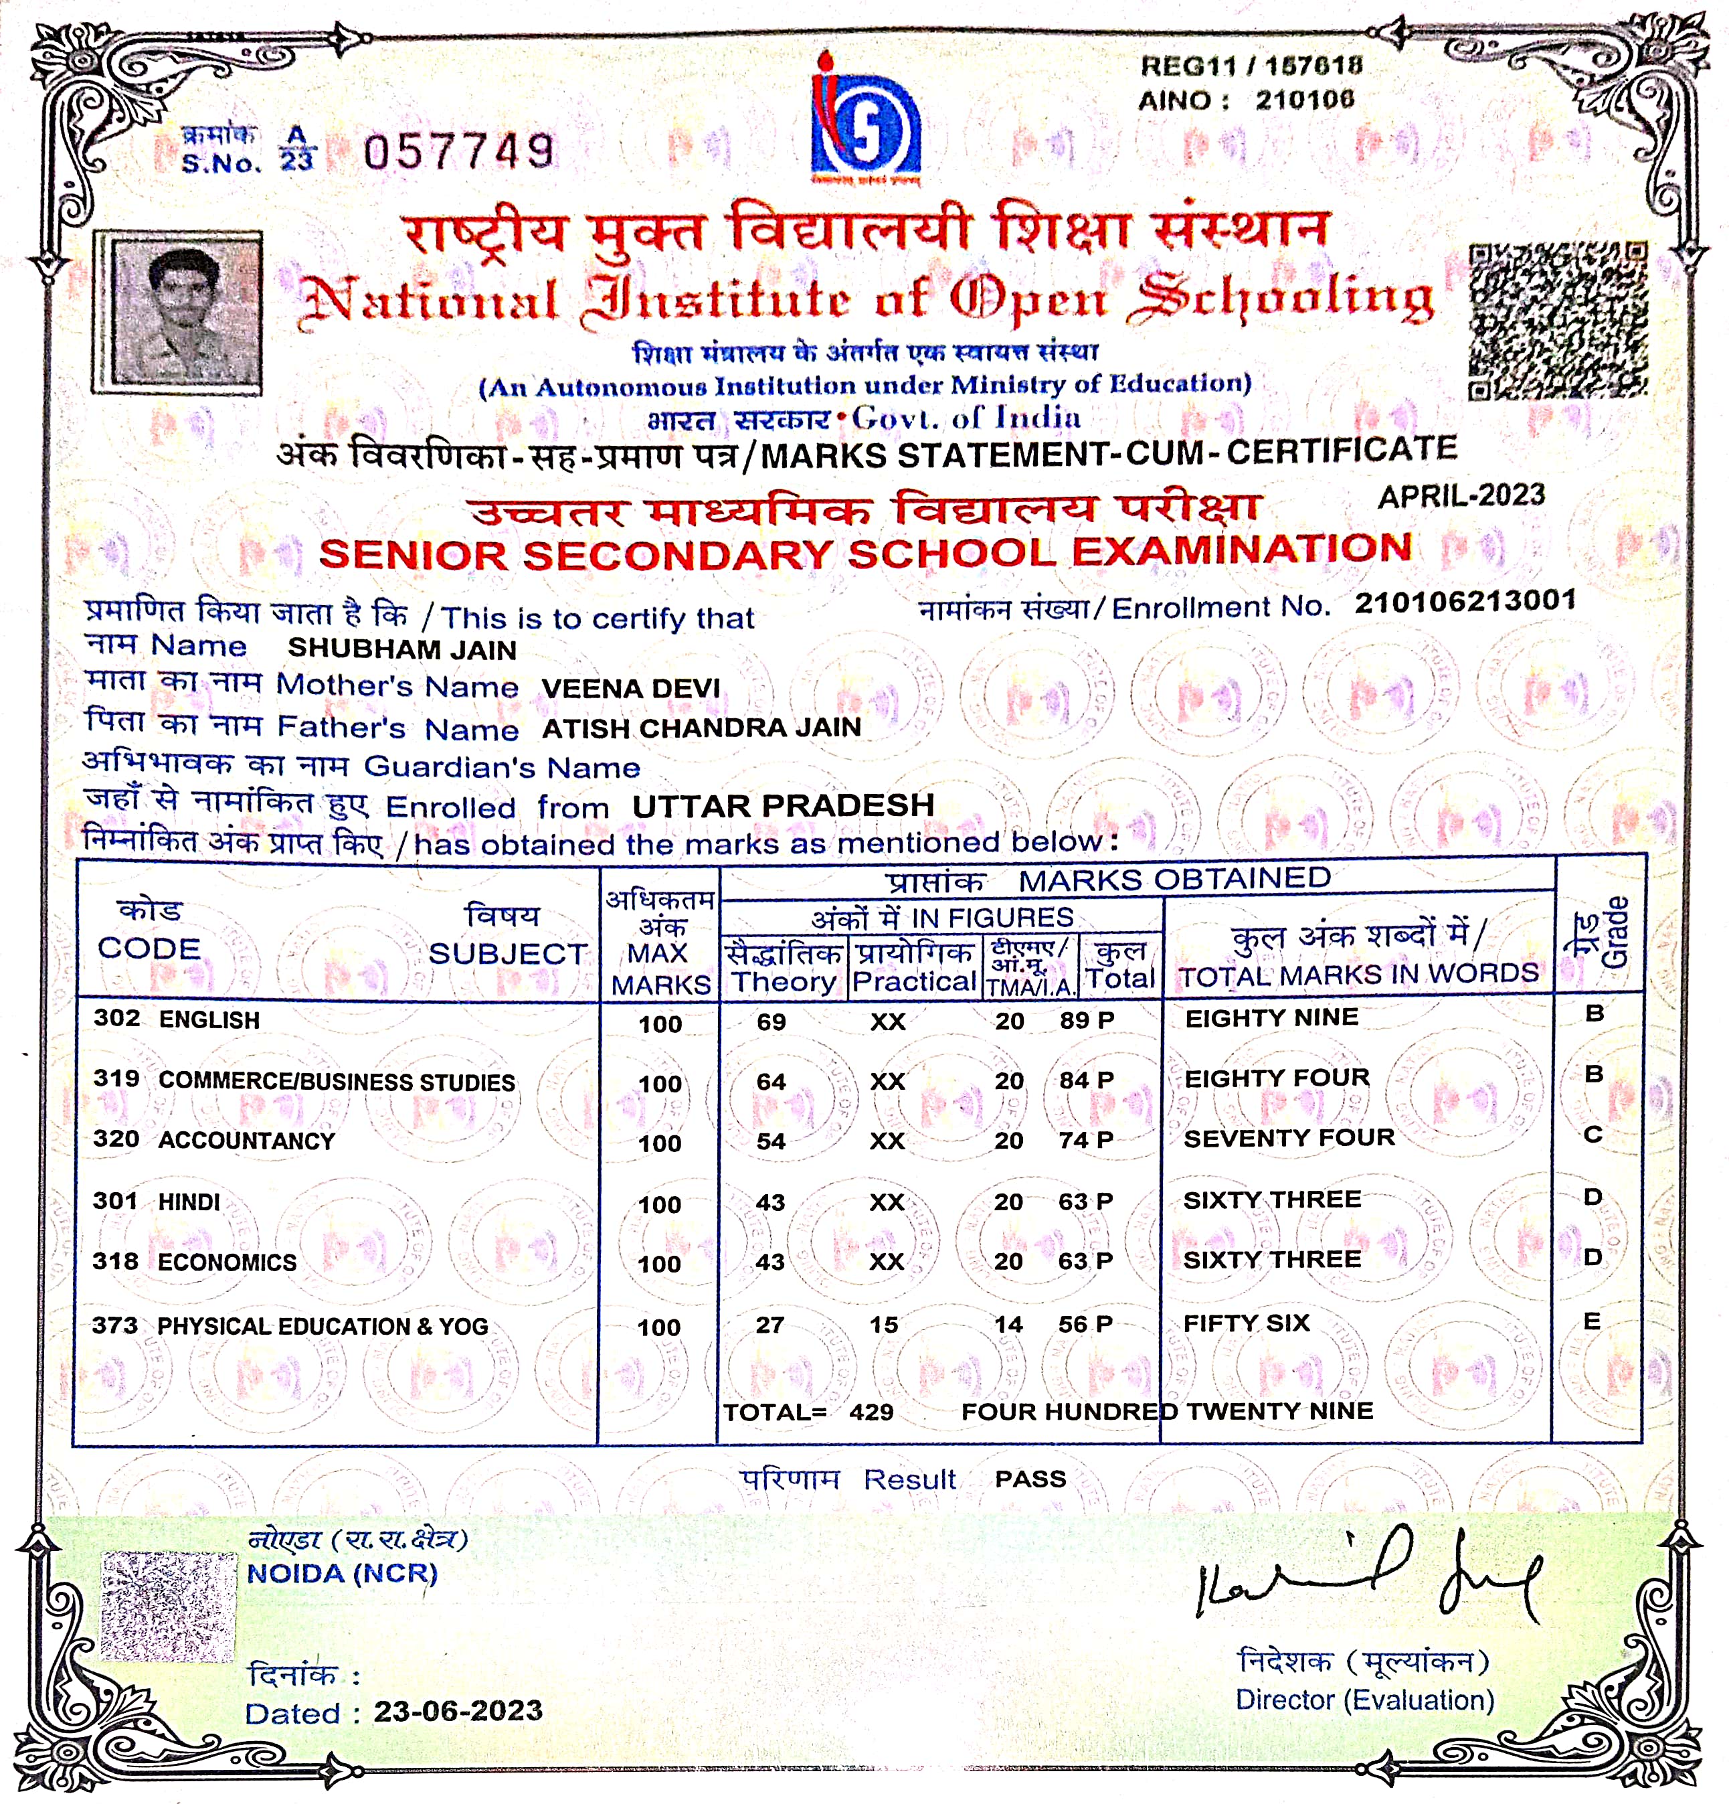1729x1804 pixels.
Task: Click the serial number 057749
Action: click(x=459, y=152)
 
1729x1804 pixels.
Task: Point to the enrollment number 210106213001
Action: click(x=1465, y=602)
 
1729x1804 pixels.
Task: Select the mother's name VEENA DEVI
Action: click(x=630, y=688)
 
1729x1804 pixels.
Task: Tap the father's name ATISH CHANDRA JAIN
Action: click(x=701, y=728)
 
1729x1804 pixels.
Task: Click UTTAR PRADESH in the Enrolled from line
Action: click(x=783, y=806)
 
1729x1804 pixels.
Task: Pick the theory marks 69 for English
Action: click(x=771, y=1021)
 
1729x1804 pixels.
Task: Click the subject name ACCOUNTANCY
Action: click(x=247, y=1141)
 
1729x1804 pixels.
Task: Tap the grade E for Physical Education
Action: click(x=1592, y=1321)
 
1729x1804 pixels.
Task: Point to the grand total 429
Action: click(x=871, y=1412)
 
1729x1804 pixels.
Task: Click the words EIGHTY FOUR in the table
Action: click(x=1276, y=1078)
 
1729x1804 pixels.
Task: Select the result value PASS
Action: click(x=1030, y=1479)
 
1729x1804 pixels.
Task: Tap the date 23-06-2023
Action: click(x=457, y=1711)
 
